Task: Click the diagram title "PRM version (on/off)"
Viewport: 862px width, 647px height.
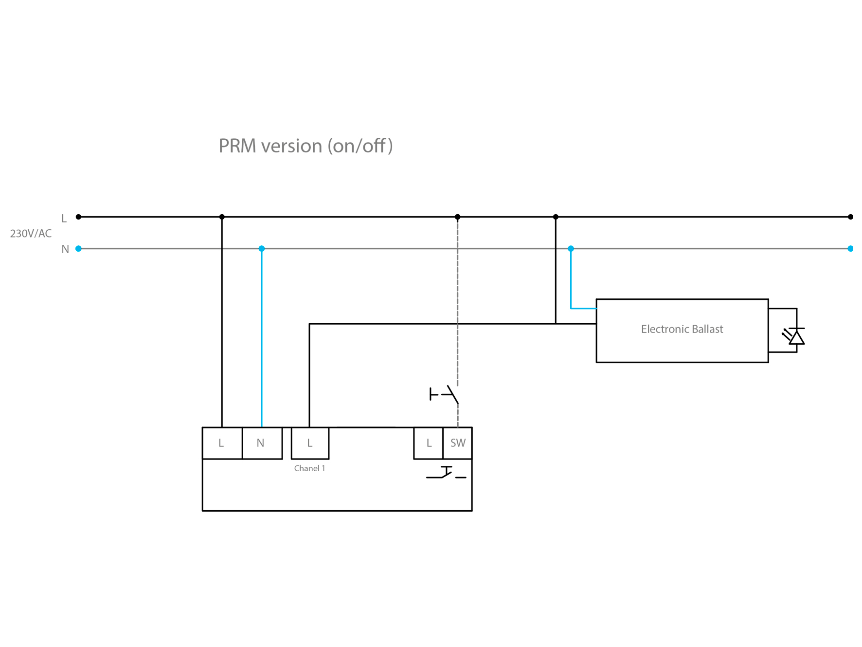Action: (305, 146)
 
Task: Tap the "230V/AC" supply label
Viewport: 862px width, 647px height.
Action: (31, 234)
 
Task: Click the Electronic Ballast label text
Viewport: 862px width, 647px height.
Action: (682, 329)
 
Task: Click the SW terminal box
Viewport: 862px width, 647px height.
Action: (458, 443)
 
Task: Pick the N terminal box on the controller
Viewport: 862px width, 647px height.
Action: (261, 443)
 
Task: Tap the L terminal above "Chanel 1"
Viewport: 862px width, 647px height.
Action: (310, 443)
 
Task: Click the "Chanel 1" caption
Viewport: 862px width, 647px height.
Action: (309, 468)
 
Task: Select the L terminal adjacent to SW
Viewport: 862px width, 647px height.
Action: (429, 443)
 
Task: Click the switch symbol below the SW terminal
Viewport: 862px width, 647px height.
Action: (446, 473)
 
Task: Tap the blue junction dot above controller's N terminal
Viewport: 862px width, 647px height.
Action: (262, 249)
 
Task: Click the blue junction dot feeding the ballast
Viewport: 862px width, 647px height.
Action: (571, 249)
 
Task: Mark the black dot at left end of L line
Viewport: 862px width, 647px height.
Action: (79, 217)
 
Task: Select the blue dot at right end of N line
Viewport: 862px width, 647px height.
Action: (850, 249)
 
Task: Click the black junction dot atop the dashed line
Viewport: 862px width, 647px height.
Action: (457, 217)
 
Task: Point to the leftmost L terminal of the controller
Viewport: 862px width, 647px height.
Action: (222, 443)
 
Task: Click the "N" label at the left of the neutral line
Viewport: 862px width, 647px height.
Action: (65, 249)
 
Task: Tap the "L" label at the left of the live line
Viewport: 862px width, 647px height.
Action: (64, 219)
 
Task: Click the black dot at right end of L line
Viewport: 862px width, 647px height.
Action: (850, 217)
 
